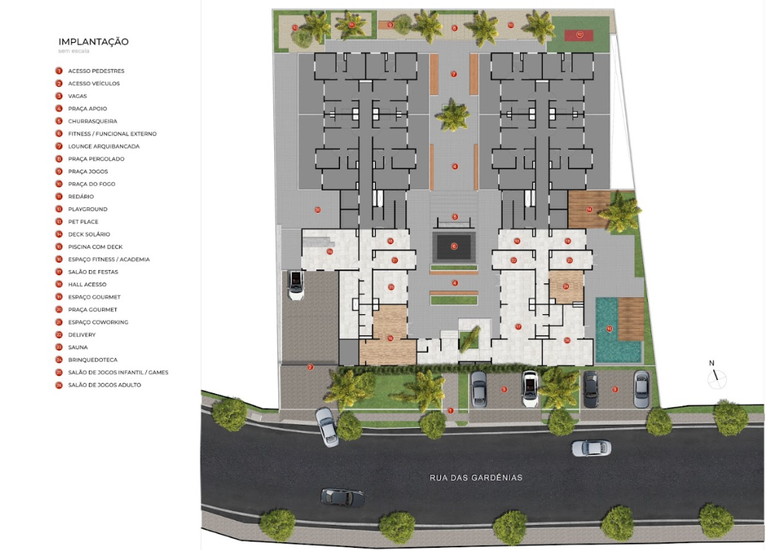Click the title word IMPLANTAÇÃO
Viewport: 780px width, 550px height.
tap(94, 42)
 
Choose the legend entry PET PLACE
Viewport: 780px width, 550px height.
tap(83, 222)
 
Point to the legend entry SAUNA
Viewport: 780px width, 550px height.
tap(78, 347)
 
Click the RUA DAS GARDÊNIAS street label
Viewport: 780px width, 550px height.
tap(476, 478)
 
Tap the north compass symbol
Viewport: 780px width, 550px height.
tap(716, 379)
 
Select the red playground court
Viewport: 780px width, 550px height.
tap(579, 34)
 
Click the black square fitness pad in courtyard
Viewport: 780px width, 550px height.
tap(453, 246)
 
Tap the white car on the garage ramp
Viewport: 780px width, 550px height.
tap(296, 285)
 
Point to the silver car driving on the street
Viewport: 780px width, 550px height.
tap(591, 448)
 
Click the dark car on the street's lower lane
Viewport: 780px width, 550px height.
tap(342, 498)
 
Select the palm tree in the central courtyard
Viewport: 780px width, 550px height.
tap(453, 115)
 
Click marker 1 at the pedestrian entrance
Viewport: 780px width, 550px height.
tap(451, 411)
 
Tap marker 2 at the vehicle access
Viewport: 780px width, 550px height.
tap(311, 367)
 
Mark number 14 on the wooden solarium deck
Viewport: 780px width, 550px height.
tap(589, 209)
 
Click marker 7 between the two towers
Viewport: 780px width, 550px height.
tap(453, 73)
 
